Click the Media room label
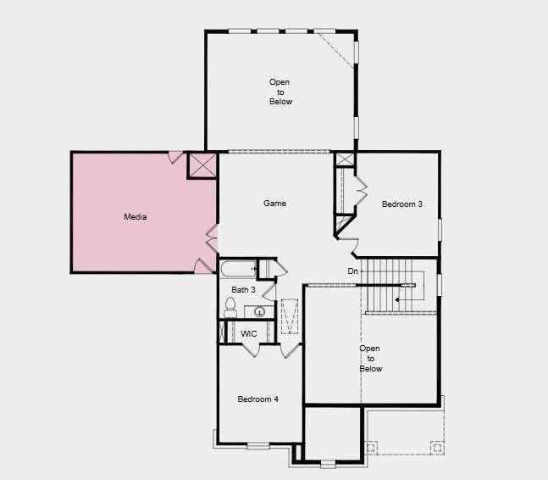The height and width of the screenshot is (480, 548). [136, 217]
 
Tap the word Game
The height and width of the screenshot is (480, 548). [274, 204]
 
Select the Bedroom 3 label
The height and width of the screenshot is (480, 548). [401, 204]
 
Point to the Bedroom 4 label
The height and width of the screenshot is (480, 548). [257, 399]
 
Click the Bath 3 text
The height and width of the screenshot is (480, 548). [244, 290]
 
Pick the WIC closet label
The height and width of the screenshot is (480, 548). [249, 334]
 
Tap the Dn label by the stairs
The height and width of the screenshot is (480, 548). [353, 271]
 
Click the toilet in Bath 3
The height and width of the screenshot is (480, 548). [230, 309]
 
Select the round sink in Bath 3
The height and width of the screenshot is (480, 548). [261, 311]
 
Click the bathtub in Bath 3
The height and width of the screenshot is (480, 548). [238, 271]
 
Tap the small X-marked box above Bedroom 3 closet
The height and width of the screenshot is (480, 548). [345, 159]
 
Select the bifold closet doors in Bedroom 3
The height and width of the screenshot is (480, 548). [359, 191]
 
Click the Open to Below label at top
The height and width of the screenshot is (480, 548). [280, 92]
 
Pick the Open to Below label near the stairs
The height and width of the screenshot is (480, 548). [370, 359]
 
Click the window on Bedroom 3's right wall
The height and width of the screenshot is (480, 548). [440, 229]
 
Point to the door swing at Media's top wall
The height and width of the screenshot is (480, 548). [175, 157]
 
